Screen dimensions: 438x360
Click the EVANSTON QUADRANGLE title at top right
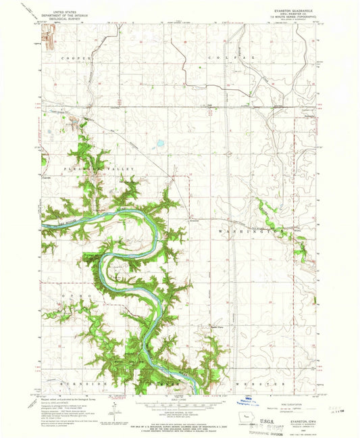290,11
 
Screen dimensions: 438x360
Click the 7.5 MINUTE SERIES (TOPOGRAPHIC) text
290,18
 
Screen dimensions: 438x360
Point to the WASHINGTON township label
257,230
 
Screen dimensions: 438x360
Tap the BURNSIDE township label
68,383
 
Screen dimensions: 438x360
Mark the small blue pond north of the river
160,143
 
